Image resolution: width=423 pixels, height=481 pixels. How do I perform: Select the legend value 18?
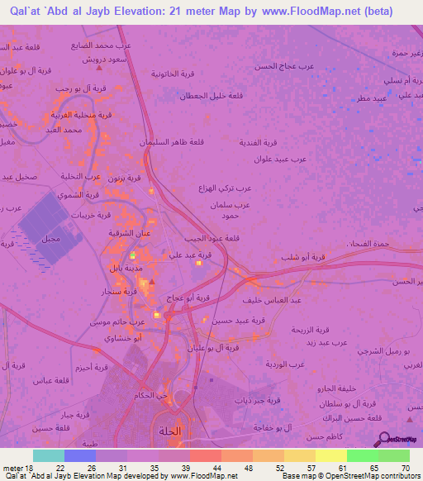click(x=27, y=468)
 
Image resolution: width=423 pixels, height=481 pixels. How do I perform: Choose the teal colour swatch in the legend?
click(x=49, y=455)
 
